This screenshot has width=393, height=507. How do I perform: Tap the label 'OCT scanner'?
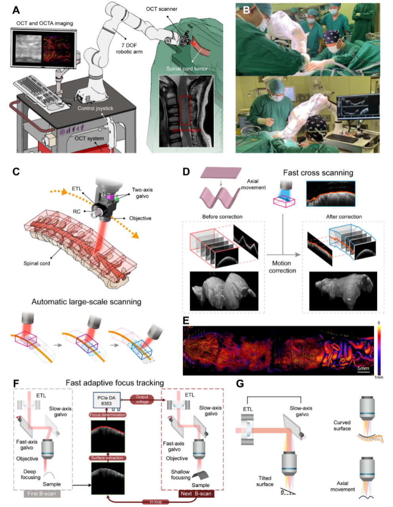click(162, 9)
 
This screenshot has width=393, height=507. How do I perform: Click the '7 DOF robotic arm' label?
click(129, 48)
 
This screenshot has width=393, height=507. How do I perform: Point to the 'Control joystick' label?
click(95, 108)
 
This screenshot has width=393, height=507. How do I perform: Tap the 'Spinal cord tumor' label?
click(187, 69)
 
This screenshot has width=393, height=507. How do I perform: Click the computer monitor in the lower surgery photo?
click(355, 107)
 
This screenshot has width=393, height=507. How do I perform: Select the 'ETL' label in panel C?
click(77, 188)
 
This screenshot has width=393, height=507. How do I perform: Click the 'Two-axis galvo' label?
click(142, 193)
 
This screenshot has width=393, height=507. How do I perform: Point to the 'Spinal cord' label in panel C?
click(37, 263)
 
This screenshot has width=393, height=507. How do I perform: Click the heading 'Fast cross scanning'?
click(318, 173)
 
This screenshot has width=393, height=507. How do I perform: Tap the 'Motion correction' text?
click(282, 267)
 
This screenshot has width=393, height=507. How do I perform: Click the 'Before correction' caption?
click(222, 217)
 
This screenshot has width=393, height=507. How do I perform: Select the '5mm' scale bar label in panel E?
click(363, 369)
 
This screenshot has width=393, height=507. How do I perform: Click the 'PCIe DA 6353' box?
click(106, 400)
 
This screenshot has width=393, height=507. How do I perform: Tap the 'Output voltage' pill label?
click(142, 399)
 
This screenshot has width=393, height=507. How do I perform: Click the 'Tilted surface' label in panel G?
click(265, 481)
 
